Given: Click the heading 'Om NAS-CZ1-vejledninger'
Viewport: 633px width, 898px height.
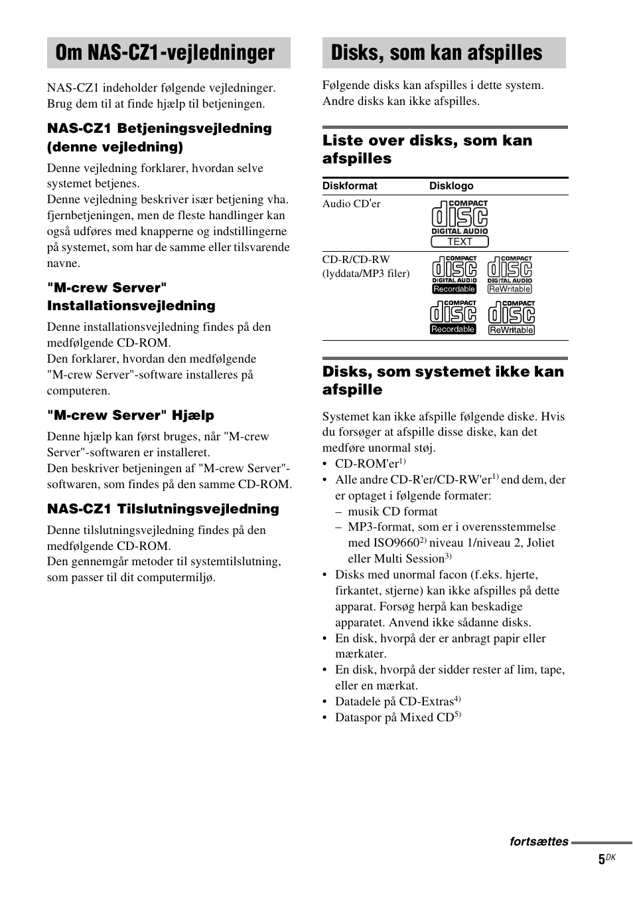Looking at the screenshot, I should [165, 53].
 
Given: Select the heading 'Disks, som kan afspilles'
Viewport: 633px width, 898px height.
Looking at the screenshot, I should [436, 53].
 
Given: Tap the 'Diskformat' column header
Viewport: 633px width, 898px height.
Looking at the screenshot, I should [350, 186].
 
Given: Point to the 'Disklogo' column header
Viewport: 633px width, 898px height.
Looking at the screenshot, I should [451, 186].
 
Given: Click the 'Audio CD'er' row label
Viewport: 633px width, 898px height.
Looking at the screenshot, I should [352, 204].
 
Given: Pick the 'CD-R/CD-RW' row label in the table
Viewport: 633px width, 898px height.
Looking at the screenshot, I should [356, 260].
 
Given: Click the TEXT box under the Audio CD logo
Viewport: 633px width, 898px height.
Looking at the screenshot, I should [459, 242].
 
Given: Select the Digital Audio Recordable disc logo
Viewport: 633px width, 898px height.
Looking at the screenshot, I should [455, 275].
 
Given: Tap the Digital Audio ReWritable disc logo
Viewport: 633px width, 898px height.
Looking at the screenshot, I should [510, 275].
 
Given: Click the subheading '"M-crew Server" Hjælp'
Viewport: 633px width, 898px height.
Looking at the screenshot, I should [131, 415].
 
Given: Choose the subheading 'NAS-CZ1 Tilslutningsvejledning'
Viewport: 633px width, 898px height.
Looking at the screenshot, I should [163, 509].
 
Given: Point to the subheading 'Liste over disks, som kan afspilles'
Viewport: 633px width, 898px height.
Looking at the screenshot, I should [427, 149].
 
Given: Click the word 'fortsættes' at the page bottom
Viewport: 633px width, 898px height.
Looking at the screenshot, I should [539, 842].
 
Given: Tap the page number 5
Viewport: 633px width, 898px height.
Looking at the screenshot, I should [601, 859].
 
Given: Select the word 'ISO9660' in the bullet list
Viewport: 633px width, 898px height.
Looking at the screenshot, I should [396, 543].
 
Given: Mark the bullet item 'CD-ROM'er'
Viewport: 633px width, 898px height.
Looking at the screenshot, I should [367, 464].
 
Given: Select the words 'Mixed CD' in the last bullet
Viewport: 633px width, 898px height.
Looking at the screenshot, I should [430, 717].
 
